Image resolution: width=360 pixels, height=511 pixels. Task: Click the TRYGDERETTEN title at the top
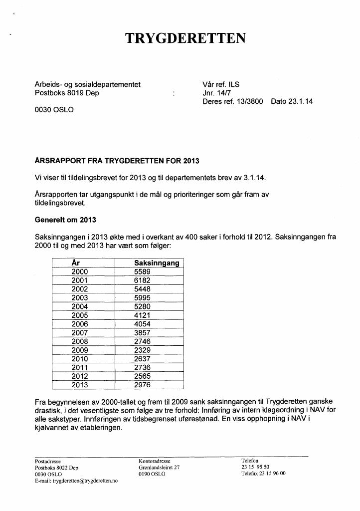click(x=185, y=38)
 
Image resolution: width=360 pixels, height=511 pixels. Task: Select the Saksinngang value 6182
click(x=142, y=280)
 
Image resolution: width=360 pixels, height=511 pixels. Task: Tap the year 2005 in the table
click(x=80, y=315)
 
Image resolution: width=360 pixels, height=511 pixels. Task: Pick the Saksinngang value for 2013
click(x=142, y=385)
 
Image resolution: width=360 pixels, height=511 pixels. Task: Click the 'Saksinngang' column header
click(x=157, y=263)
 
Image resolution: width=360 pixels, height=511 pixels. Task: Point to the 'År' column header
click(x=76, y=262)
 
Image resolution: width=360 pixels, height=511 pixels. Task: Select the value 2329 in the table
click(x=142, y=350)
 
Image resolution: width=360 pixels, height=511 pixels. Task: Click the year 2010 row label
click(x=80, y=359)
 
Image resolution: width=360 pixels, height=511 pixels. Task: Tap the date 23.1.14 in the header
click(x=292, y=101)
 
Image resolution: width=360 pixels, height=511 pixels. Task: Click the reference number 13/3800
click(x=250, y=101)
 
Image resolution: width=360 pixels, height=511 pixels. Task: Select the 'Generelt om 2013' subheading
click(x=65, y=220)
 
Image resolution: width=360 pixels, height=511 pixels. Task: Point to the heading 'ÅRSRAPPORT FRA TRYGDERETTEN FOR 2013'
click(x=117, y=161)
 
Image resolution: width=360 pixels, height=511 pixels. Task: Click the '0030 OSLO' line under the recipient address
click(x=54, y=110)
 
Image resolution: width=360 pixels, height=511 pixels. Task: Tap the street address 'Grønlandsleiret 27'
click(x=159, y=468)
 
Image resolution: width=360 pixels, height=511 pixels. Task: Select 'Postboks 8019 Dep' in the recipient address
click(x=67, y=93)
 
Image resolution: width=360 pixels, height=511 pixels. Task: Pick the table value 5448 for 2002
click(x=142, y=289)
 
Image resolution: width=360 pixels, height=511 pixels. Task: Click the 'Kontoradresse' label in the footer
click(x=155, y=461)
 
